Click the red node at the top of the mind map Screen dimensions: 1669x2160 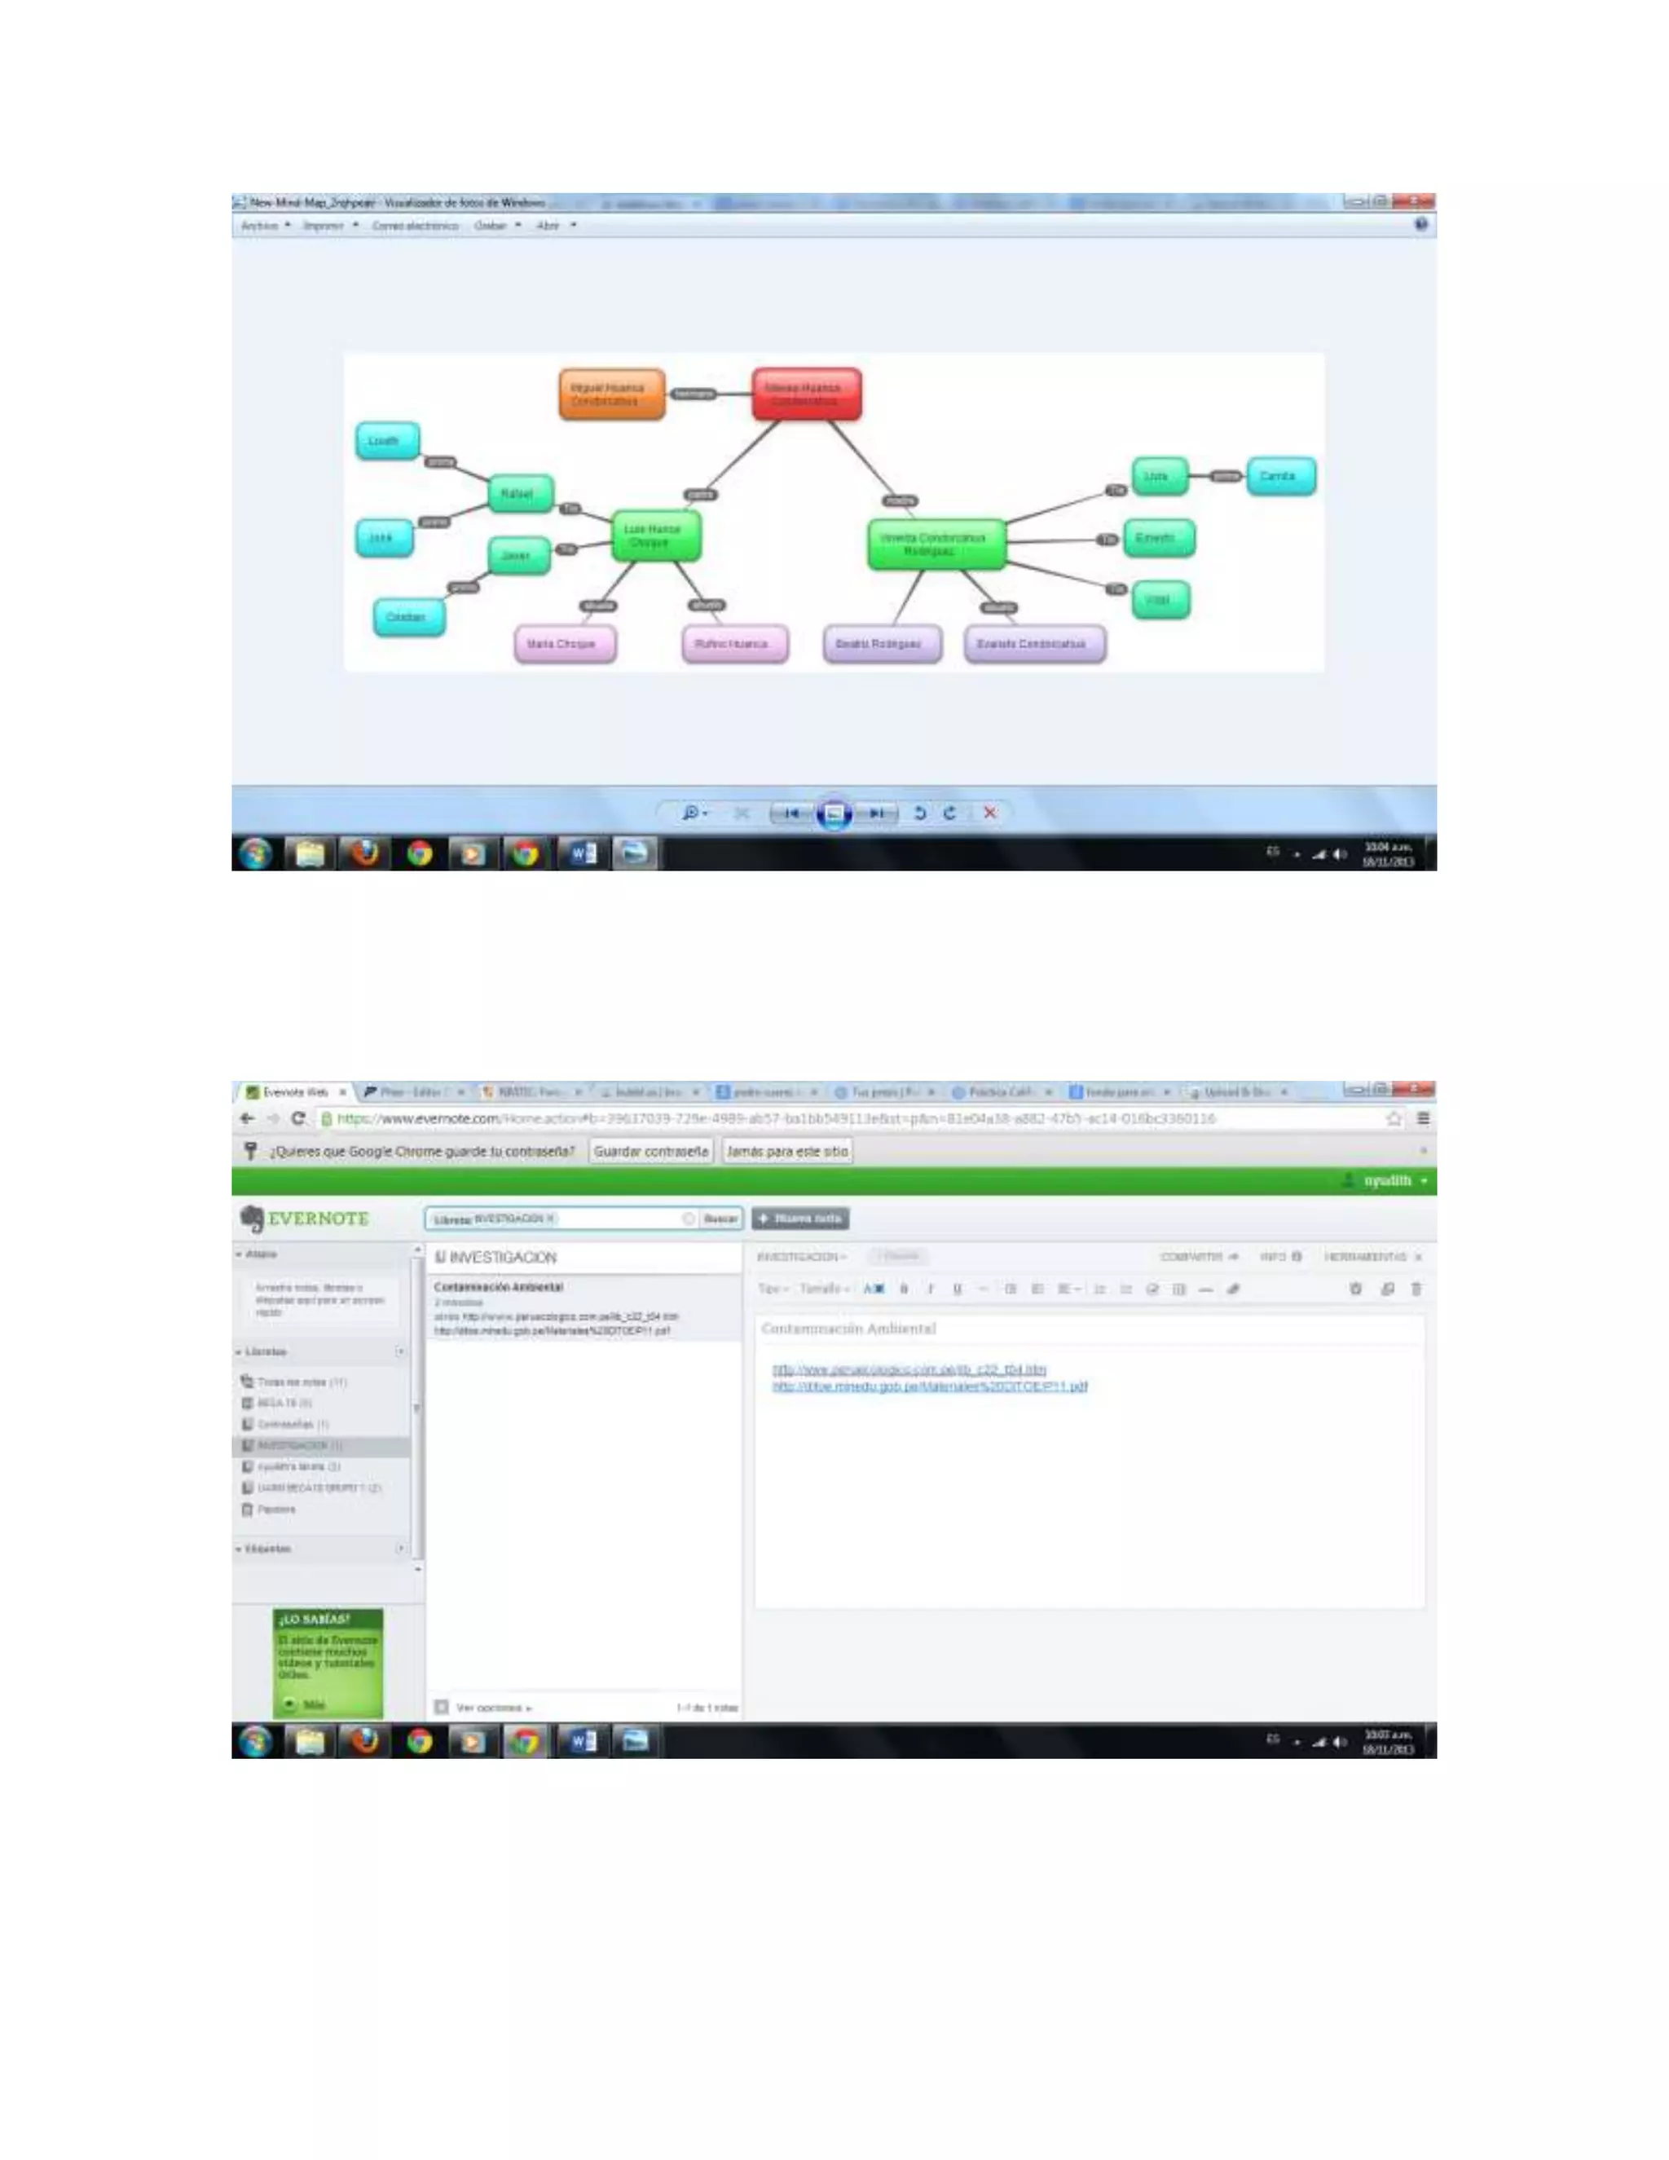pos(806,394)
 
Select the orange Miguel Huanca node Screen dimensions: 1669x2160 pos(611,394)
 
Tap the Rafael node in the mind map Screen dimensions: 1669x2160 pos(520,493)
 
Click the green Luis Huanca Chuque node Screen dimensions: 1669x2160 pos(654,535)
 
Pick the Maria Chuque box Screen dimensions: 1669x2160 pos(564,644)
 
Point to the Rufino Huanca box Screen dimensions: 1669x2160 pos(733,644)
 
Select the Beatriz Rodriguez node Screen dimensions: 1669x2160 pos(881,644)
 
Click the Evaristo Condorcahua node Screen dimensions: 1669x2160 pos(1033,644)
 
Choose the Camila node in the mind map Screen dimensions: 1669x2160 pos(1279,476)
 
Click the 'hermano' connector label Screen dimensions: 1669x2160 pos(694,394)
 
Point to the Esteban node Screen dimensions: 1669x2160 pos(408,617)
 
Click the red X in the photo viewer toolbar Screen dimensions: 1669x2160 pos(989,812)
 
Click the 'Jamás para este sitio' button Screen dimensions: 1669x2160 pos(787,1151)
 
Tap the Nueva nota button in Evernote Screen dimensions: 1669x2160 pos(800,1219)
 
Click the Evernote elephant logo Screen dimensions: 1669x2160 pos(251,1219)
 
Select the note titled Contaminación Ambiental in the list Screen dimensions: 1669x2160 pos(583,1307)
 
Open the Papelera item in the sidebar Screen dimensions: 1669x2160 pos(275,1510)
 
